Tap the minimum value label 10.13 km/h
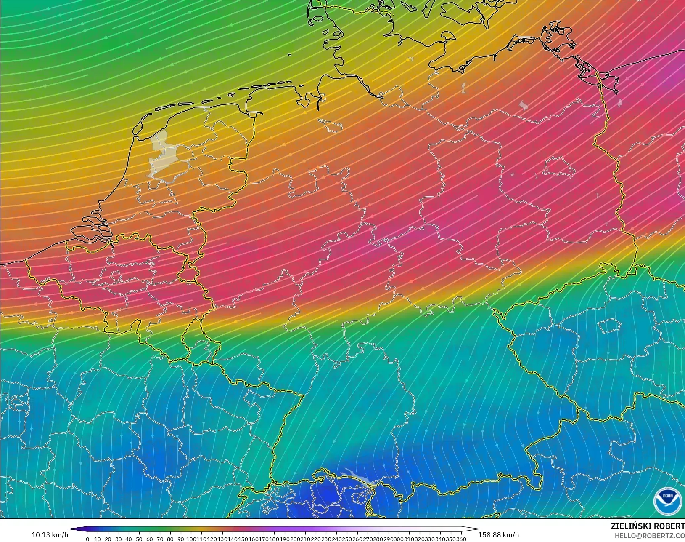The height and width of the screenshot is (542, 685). point(50,535)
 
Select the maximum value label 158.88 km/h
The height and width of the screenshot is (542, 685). point(498,535)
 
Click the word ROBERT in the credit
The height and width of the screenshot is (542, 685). point(669,526)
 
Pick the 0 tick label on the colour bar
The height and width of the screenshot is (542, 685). point(87,539)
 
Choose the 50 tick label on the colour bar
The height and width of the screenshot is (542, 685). point(139,539)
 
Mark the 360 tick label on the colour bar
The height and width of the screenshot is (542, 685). point(461,539)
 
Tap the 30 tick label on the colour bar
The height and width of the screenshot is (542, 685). point(119,539)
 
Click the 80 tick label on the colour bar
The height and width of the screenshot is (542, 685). point(170,539)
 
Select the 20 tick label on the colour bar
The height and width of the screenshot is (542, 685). point(108,539)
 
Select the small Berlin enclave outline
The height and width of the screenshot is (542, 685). point(559,167)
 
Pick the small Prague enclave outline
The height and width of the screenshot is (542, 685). point(609,326)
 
